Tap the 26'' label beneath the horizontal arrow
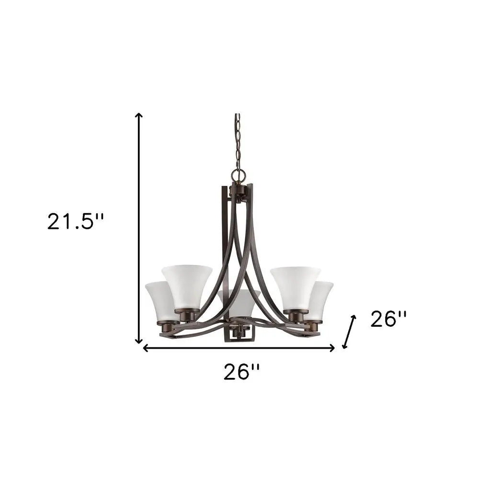[x=242, y=372]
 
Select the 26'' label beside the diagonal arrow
[x=388, y=319]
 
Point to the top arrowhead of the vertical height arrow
[x=139, y=115]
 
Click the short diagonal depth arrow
[x=350, y=331]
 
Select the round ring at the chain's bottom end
[x=239, y=172]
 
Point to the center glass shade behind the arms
[x=239, y=302]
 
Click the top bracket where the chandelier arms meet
[x=238, y=192]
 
